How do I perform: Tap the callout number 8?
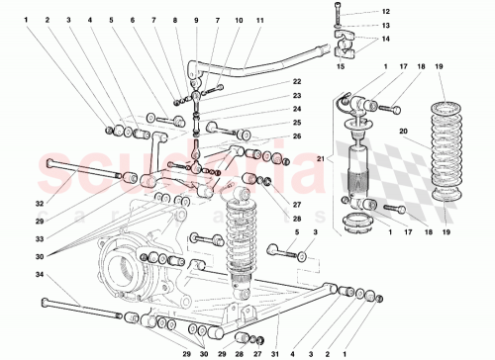174,20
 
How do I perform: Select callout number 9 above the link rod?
196,20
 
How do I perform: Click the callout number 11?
259,20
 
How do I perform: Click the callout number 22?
269,82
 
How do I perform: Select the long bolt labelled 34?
79,309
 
